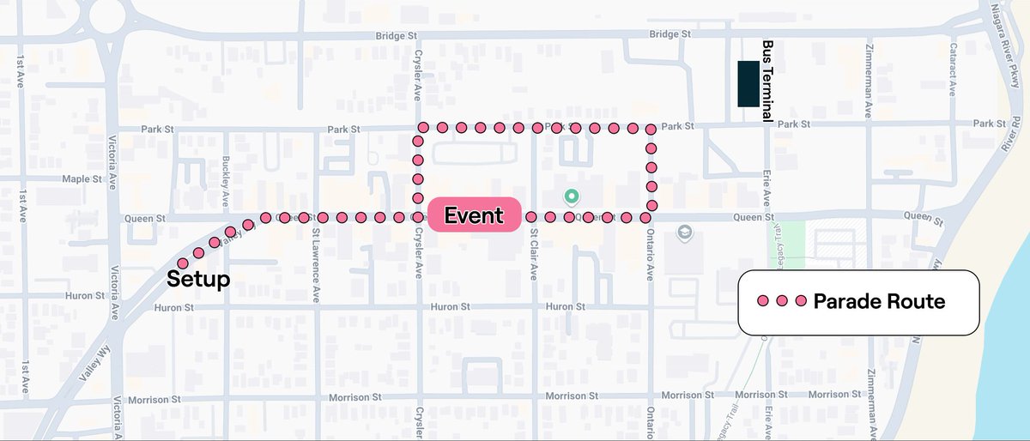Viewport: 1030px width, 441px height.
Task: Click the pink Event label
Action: pyautogui.click(x=473, y=214)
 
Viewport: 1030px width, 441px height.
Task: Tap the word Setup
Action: pyautogui.click(x=198, y=279)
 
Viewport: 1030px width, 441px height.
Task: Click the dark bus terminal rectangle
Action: pyautogui.click(x=748, y=84)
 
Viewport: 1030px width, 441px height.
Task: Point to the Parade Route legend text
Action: pyautogui.click(x=879, y=301)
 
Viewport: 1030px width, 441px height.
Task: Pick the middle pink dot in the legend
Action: pyautogui.click(x=781, y=301)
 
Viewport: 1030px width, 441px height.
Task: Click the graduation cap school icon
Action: pyautogui.click(x=684, y=233)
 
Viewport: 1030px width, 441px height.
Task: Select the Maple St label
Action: pyautogui.click(x=82, y=179)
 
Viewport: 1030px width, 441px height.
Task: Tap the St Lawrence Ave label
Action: pyautogui.click(x=316, y=254)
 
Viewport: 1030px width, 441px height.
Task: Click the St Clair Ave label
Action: pyautogui.click(x=533, y=254)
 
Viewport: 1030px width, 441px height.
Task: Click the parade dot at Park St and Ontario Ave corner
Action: pyautogui.click(x=651, y=130)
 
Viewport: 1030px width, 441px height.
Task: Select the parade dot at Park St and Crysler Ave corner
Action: pyautogui.click(x=421, y=128)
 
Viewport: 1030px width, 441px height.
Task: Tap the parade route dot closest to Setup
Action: pyautogui.click(x=182, y=263)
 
